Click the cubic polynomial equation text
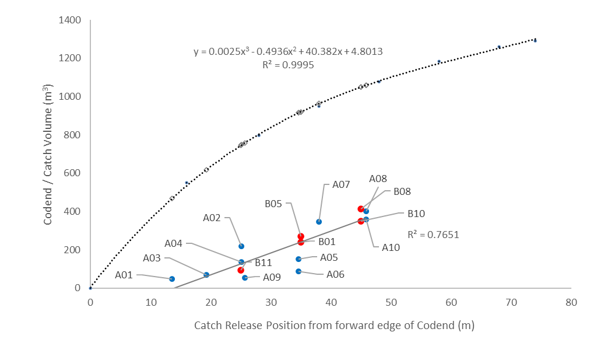(x=288, y=51)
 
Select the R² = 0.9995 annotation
(x=288, y=65)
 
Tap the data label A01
(x=125, y=275)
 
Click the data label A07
(x=341, y=184)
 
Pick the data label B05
(x=273, y=204)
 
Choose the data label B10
(x=417, y=214)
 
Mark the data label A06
(x=336, y=274)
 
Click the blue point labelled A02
(x=241, y=246)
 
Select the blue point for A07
(x=319, y=222)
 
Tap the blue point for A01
(x=172, y=279)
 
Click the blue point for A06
(x=298, y=271)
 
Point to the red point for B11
(x=241, y=270)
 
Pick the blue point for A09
(x=245, y=278)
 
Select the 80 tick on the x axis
(x=571, y=302)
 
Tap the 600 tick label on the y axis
(x=73, y=173)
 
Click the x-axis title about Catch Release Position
(x=334, y=326)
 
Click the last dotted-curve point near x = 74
(x=535, y=40)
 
